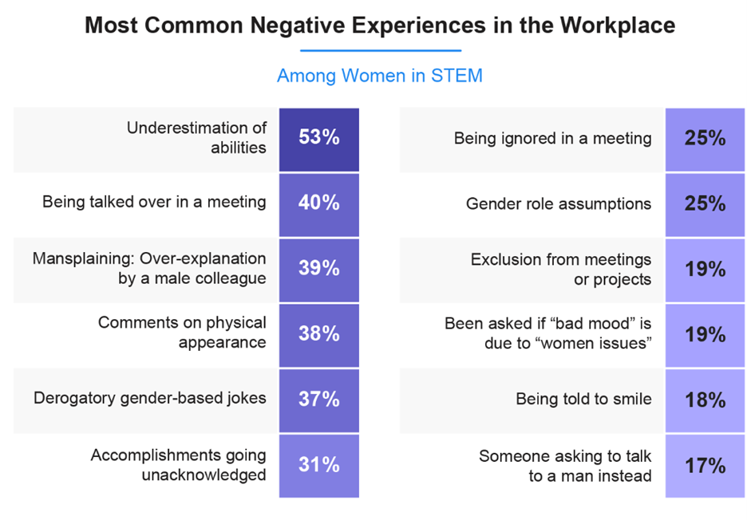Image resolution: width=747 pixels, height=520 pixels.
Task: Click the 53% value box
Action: (x=319, y=139)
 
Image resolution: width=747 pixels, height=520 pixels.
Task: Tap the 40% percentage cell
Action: (x=319, y=203)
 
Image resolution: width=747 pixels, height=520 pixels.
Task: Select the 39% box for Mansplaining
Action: (x=319, y=269)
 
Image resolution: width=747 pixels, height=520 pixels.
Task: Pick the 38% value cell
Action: (x=319, y=334)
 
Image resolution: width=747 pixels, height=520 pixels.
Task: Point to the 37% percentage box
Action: (x=319, y=399)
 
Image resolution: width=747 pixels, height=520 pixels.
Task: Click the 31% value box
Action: (x=319, y=464)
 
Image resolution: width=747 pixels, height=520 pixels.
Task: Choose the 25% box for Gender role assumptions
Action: (x=705, y=204)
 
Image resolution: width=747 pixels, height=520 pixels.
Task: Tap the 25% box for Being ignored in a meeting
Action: (x=705, y=139)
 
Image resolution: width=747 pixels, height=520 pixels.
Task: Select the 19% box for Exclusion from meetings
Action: (x=705, y=270)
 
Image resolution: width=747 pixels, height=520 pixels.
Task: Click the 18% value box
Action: (x=705, y=400)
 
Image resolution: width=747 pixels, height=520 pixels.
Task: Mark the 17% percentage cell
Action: (x=705, y=465)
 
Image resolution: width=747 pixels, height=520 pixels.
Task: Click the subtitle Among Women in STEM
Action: (x=379, y=77)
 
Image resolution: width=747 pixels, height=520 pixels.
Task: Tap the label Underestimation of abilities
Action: (x=196, y=137)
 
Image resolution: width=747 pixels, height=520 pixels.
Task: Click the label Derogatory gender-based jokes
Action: (x=150, y=398)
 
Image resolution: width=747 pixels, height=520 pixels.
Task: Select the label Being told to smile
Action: (x=583, y=398)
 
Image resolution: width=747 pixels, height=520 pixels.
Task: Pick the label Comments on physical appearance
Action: (x=182, y=333)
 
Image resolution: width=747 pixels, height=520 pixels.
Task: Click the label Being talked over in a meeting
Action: (x=154, y=203)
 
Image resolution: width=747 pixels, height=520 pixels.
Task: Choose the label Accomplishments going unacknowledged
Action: (x=178, y=464)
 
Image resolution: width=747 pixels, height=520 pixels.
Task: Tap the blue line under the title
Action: (x=379, y=51)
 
